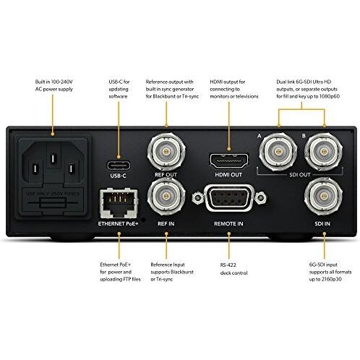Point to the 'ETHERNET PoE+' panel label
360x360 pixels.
tap(119, 224)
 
